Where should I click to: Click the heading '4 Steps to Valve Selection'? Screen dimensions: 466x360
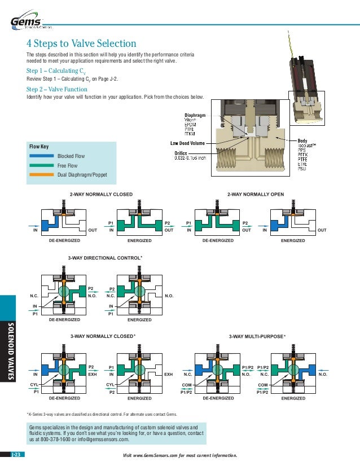click(x=81, y=43)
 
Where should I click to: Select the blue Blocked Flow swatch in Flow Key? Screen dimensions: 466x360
click(x=42, y=156)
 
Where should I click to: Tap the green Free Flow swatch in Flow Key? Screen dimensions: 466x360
click(x=42, y=165)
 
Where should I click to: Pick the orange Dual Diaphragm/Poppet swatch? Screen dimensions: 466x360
click(x=42, y=174)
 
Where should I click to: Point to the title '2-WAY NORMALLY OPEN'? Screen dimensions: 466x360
click(x=255, y=194)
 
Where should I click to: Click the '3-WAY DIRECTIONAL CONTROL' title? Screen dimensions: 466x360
click(x=105, y=257)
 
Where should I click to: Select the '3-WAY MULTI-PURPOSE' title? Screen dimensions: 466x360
click(x=257, y=336)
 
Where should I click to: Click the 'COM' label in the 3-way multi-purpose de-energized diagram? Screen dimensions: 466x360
click(x=186, y=385)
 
